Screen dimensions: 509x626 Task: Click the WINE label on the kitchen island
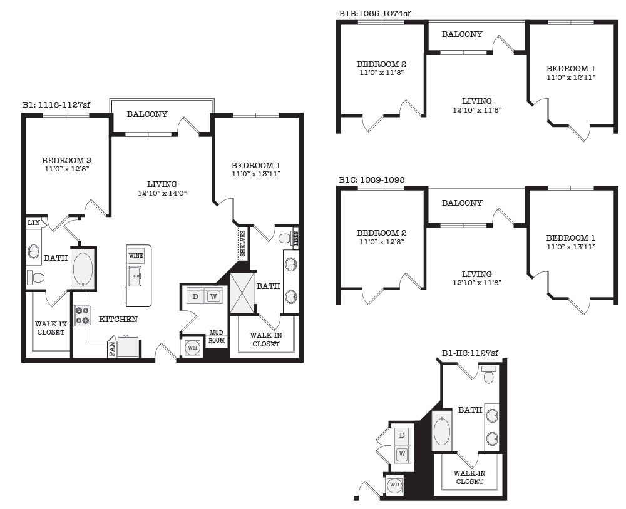click(x=136, y=256)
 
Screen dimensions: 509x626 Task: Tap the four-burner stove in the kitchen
click(x=82, y=315)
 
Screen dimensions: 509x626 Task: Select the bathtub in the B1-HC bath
click(x=442, y=431)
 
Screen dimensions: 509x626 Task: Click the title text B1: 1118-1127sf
click(x=56, y=105)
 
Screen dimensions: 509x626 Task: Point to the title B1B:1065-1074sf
click(x=374, y=13)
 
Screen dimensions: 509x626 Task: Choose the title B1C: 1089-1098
click(x=371, y=179)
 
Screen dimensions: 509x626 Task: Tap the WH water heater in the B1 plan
click(x=193, y=348)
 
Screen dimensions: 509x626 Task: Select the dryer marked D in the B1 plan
click(x=195, y=296)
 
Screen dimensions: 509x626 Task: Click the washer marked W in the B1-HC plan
click(x=402, y=453)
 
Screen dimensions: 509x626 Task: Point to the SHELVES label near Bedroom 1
click(x=243, y=244)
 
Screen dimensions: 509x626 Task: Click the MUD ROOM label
click(x=217, y=337)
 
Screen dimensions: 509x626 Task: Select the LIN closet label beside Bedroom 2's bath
click(x=34, y=223)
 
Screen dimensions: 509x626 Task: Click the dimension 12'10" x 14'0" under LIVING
click(x=162, y=193)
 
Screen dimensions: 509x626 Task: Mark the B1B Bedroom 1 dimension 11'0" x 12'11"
click(x=570, y=78)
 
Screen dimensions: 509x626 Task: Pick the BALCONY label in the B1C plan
click(x=462, y=203)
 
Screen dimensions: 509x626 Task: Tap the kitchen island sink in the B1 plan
click(x=135, y=276)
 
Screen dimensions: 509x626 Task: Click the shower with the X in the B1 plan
click(x=242, y=293)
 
